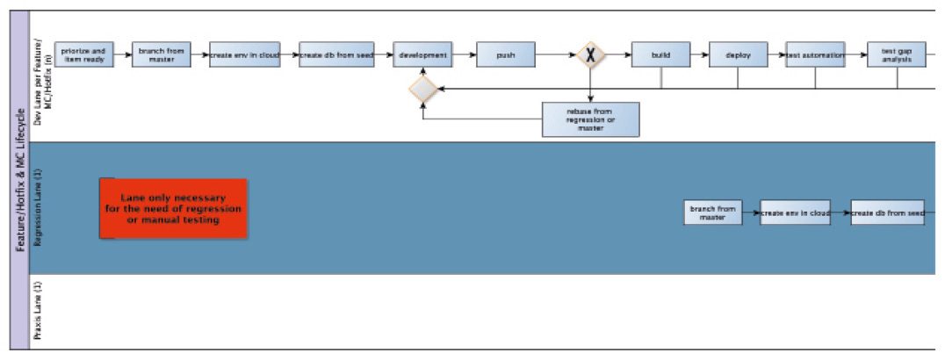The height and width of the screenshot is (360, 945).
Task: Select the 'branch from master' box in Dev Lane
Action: click(162, 54)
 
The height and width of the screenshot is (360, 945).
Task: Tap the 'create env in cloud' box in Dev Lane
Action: click(244, 54)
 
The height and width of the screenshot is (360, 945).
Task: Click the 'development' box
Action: click(422, 54)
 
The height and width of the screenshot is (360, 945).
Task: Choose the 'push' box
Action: click(506, 54)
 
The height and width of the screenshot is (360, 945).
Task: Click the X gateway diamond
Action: click(591, 55)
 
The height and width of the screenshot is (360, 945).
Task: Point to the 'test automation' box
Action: click(815, 54)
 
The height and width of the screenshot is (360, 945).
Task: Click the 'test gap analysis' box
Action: click(897, 54)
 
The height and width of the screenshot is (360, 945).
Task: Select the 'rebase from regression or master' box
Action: click(590, 119)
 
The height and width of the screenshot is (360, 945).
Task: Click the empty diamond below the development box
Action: click(423, 89)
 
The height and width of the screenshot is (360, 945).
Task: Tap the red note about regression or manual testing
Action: click(174, 208)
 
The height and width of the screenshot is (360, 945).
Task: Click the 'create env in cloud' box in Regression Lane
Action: click(795, 212)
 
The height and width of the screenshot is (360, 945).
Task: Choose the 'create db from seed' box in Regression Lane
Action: click(887, 212)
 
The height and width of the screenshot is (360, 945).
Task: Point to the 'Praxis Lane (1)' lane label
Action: click(38, 312)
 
